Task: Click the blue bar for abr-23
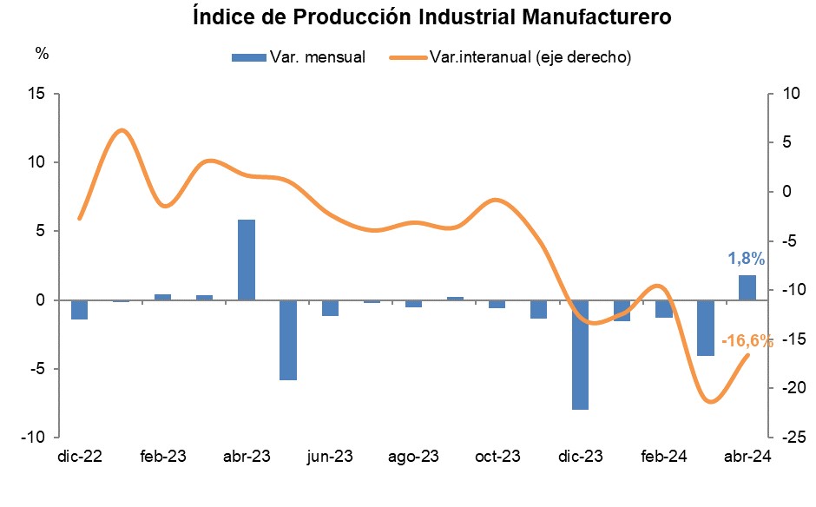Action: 247,260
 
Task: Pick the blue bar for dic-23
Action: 580,354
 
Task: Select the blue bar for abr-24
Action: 747,287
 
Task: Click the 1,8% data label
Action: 746,258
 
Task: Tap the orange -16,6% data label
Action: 747,341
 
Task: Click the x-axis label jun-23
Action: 331,457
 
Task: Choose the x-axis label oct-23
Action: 497,457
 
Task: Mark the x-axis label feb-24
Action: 664,457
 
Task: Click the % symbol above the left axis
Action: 42,52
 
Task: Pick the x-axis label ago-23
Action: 414,457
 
